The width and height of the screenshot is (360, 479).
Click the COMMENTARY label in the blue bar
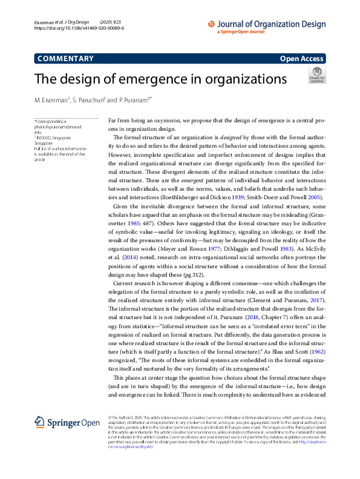tap(65, 59)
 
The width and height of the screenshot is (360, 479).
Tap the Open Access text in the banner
tap(301, 59)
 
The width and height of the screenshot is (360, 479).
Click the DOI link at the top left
tap(79, 28)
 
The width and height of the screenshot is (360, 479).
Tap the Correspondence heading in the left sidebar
tap(50, 121)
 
